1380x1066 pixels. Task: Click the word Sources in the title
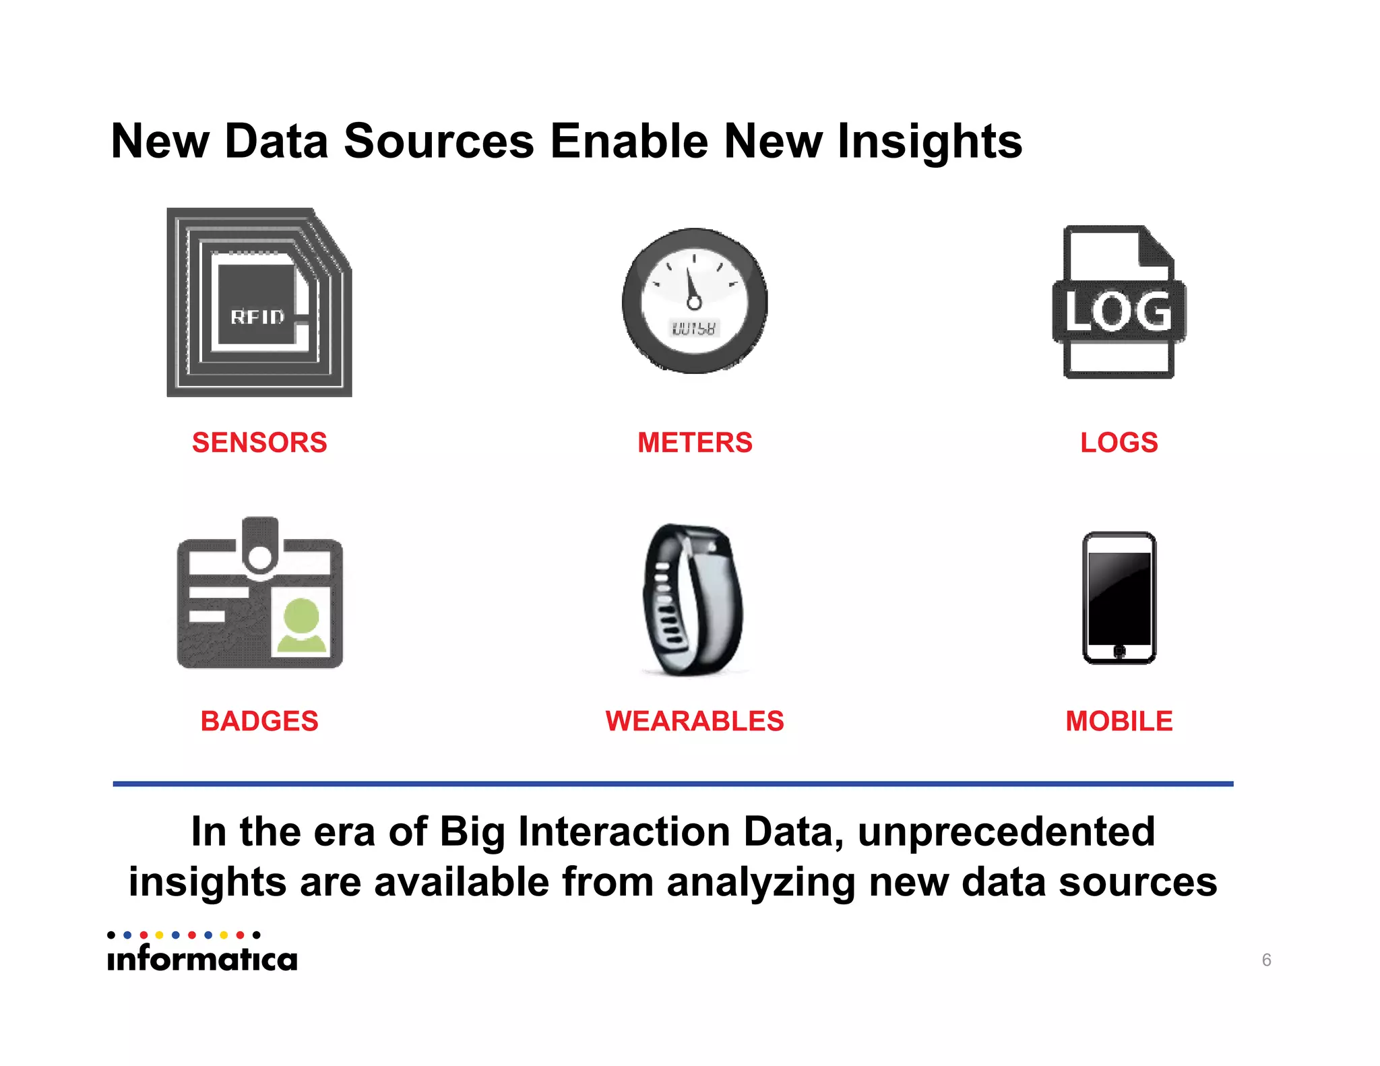tap(439, 142)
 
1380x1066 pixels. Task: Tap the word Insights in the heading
tap(929, 143)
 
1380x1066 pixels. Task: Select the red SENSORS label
tap(259, 443)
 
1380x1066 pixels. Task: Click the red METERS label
tap(695, 443)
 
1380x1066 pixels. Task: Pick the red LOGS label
tap(1119, 443)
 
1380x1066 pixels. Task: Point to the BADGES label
tap(259, 721)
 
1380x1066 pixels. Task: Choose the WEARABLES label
tap(695, 721)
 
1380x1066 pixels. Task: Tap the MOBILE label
tap(1119, 721)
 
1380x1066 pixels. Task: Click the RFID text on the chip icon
tap(257, 317)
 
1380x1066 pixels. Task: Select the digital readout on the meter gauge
tap(694, 328)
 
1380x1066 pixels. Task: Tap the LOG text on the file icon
tap(1119, 311)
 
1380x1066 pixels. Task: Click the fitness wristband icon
tap(693, 600)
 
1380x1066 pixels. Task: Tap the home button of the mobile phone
tap(1119, 651)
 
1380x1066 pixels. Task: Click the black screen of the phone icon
tap(1119, 597)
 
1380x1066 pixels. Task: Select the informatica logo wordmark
tap(202, 958)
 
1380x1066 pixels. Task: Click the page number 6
tap(1266, 960)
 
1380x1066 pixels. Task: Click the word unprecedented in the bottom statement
tap(1006, 832)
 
